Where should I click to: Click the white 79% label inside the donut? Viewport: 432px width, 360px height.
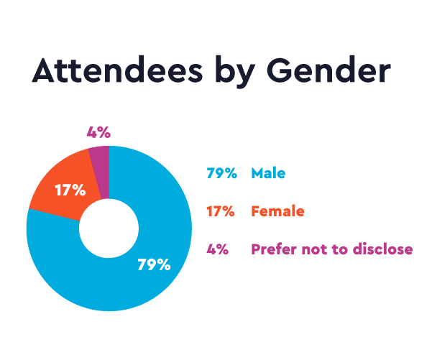coord(154,264)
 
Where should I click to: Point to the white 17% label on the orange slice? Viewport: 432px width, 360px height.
coord(70,190)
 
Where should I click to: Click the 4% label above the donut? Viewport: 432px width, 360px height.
coord(98,132)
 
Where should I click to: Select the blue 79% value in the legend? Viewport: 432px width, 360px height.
coord(221,173)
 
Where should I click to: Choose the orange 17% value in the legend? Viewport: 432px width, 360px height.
coord(221,211)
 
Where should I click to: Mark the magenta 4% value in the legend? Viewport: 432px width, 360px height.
coord(217,249)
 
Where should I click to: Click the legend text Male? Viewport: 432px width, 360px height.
coord(268,173)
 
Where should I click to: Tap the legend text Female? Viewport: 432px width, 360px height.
coord(277,211)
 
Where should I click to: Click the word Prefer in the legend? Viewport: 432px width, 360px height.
coord(271,249)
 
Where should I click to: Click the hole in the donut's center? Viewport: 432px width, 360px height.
coord(109,229)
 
